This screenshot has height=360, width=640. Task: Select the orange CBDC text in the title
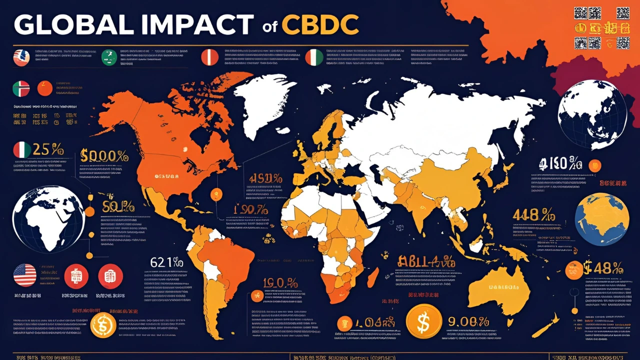coord(320,24)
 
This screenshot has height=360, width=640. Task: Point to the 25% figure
coord(48,149)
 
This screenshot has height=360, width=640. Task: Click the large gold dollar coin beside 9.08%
coord(423,321)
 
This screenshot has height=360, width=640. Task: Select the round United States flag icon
coord(25,275)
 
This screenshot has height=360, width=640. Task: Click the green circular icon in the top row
coord(109,57)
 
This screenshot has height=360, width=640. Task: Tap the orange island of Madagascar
coord(372,277)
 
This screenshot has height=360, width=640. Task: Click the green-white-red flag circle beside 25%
coord(22,150)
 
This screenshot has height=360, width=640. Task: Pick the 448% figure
coord(533,215)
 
